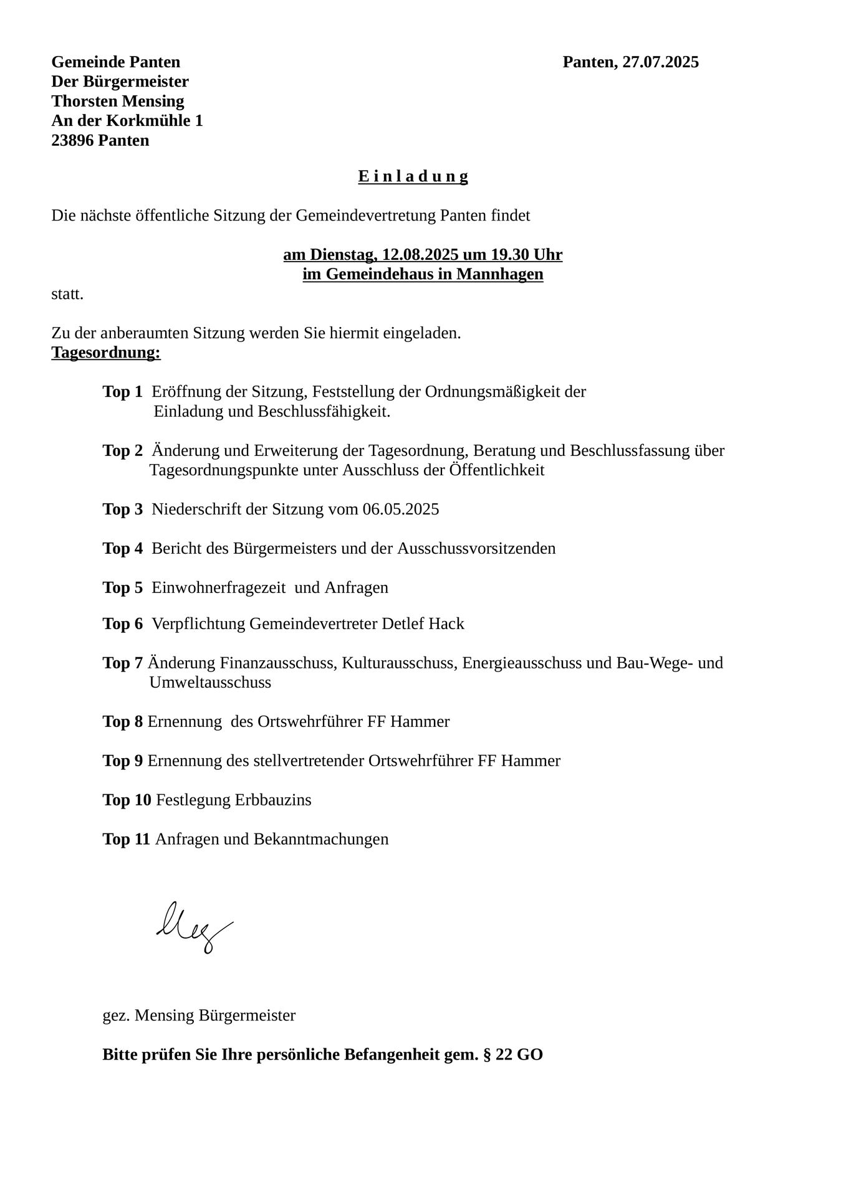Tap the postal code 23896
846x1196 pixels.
[x=72, y=141]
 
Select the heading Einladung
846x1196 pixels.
[x=413, y=177]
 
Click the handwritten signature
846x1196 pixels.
[x=193, y=926]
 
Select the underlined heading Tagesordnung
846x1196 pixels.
[x=106, y=353]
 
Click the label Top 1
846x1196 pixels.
[x=122, y=392]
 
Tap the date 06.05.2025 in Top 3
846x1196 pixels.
[x=401, y=510]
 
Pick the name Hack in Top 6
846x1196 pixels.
[x=446, y=624]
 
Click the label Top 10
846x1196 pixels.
[x=127, y=800]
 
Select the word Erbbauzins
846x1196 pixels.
[x=272, y=800]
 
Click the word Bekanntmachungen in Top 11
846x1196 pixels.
[x=320, y=840]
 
